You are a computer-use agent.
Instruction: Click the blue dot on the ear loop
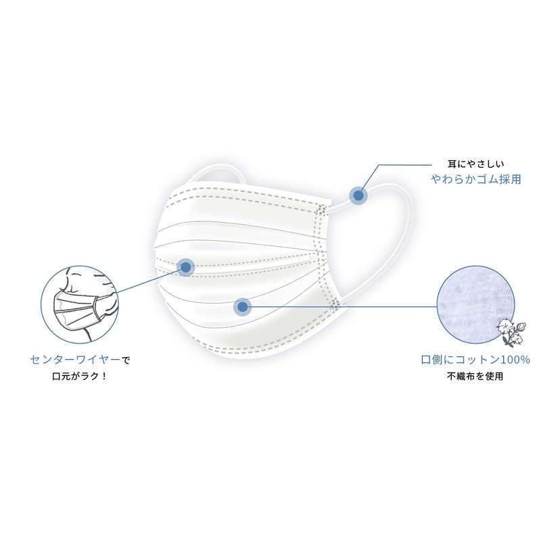click(358, 195)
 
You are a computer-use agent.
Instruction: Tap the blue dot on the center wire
click(185, 266)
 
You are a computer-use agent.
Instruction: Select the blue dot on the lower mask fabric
click(243, 306)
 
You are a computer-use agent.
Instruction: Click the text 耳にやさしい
click(475, 164)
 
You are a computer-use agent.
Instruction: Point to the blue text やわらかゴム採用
click(476, 179)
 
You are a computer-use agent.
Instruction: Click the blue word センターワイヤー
click(75, 360)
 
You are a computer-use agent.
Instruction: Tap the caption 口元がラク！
click(80, 376)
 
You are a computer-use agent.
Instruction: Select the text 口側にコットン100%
click(475, 360)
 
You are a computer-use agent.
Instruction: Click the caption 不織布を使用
click(475, 376)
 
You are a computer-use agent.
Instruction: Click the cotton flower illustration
click(511, 333)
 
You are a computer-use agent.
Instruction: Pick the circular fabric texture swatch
click(475, 305)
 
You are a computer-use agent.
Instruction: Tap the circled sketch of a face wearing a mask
click(80, 304)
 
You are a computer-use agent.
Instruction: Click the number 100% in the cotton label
click(515, 360)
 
